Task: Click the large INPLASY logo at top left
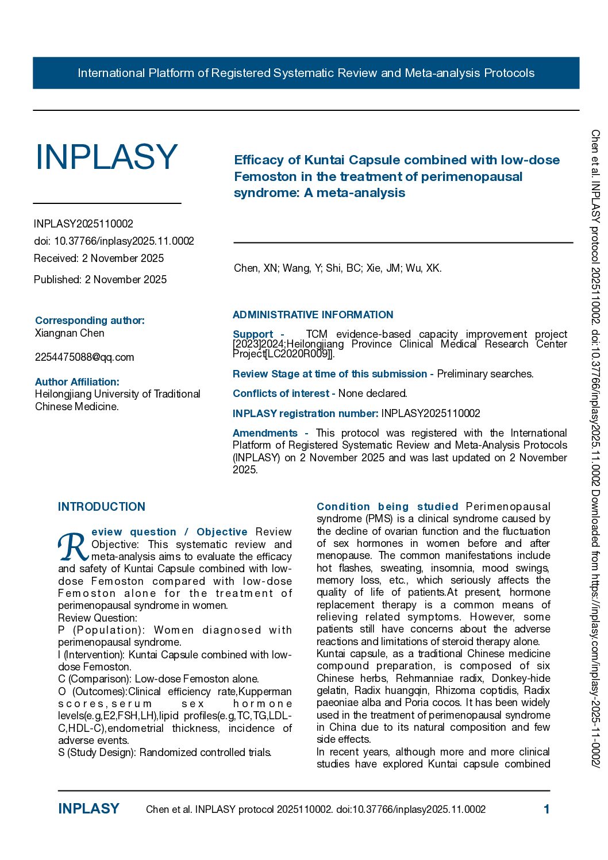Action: coord(106,157)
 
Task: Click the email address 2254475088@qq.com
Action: coord(84,357)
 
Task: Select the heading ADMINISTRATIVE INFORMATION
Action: coord(313,315)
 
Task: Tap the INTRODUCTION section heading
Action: coord(102,507)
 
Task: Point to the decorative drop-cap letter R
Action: coord(73,547)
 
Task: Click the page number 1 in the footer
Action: coord(547,809)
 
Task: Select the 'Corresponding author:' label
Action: coord(90,321)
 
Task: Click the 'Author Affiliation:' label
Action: coord(77,382)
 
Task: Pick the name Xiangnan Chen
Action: coord(70,333)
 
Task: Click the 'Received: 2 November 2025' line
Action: coord(99,259)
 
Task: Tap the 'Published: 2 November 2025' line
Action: coord(100,280)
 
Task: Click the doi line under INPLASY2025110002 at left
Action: coord(114,241)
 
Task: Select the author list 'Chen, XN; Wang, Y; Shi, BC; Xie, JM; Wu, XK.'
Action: coord(337,268)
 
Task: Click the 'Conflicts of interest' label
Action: coord(281,394)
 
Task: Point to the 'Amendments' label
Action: coord(265,433)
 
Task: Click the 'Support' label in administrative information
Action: coord(253,334)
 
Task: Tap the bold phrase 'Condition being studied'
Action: coord(387,507)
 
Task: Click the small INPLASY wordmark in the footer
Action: coord(88,809)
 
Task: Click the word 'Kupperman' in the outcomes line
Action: coord(266,692)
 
